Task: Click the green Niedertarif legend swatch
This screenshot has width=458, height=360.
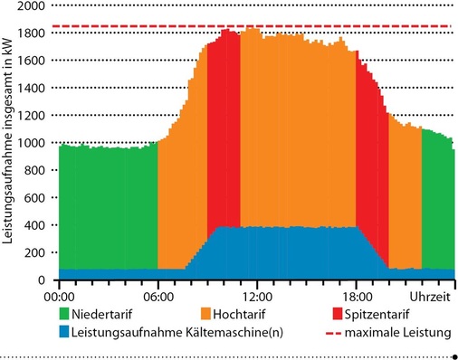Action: pyautogui.click(x=64, y=315)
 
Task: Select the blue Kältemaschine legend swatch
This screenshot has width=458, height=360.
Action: pyautogui.click(x=64, y=334)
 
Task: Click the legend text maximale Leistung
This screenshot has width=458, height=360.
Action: pyautogui.click(x=403, y=334)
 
